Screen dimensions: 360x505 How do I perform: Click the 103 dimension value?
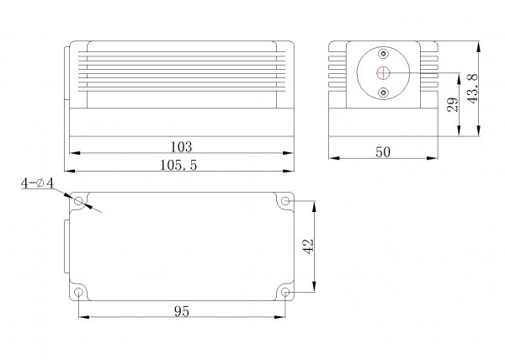coord(182,146)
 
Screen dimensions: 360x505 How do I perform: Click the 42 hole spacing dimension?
coord(308,247)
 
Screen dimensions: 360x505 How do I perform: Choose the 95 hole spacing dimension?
coord(180,310)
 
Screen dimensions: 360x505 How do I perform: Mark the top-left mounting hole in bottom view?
coord(79,202)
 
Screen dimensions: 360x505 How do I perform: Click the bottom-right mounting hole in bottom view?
coord(285,292)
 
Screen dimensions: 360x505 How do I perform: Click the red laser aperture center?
coord(384,72)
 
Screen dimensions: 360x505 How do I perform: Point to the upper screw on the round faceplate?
coord(384,54)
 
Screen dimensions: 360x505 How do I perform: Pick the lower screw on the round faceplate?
coord(384,91)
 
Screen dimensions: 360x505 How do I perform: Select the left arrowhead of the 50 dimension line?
coord(330,156)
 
